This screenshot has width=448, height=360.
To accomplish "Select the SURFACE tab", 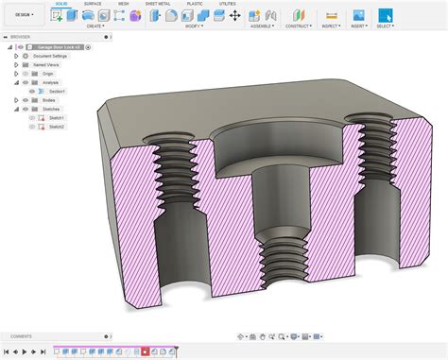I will pyautogui.click(x=92, y=4).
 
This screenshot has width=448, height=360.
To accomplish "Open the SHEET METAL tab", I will pyautogui.click(x=159, y=4).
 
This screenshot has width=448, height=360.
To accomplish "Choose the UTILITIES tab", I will pyautogui.click(x=228, y=4).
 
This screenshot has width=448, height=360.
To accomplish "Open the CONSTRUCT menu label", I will pyautogui.click(x=299, y=26).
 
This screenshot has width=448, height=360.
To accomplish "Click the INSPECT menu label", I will pyautogui.click(x=331, y=26).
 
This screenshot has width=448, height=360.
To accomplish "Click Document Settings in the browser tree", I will pyautogui.click(x=49, y=56).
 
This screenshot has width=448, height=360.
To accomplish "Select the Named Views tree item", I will pyautogui.click(x=45, y=64).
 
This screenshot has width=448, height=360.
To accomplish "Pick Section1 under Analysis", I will pyautogui.click(x=58, y=91).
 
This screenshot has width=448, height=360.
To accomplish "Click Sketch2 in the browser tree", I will pyautogui.click(x=57, y=126).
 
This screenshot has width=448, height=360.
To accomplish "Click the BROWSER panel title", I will pyautogui.click(x=21, y=38).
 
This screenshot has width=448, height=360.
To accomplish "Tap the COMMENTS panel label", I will pyautogui.click(x=22, y=336).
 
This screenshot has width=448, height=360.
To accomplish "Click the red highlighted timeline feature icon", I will pyautogui.click(x=145, y=351).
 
